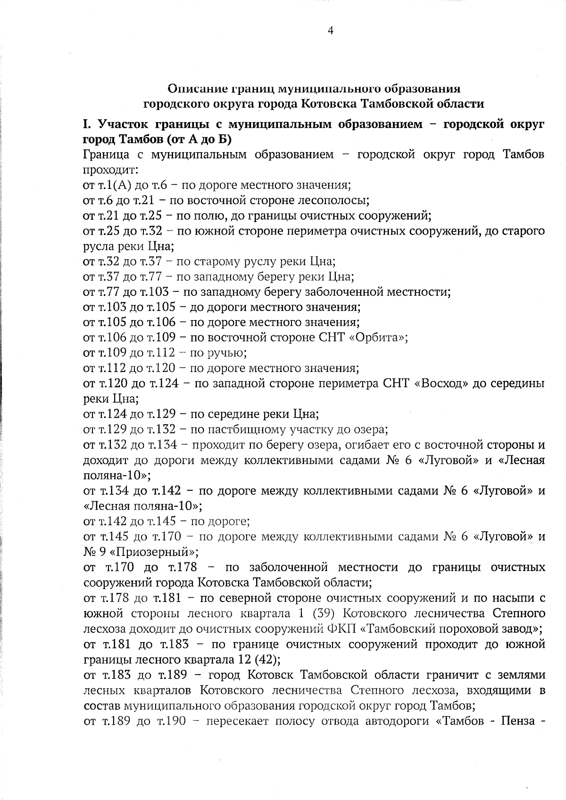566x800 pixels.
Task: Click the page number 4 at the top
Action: tap(330, 31)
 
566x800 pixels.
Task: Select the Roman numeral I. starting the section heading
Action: tap(86, 124)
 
